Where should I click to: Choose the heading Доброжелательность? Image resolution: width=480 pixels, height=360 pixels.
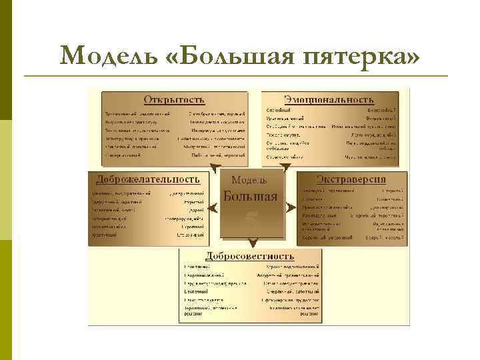[148, 179]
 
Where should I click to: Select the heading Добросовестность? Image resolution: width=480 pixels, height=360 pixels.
[251, 255]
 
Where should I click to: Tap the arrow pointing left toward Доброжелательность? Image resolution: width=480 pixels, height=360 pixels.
[211, 207]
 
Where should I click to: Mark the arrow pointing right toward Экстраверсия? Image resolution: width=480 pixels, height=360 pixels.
[291, 207]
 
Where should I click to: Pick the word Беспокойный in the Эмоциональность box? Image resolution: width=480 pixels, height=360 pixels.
[381, 109]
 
